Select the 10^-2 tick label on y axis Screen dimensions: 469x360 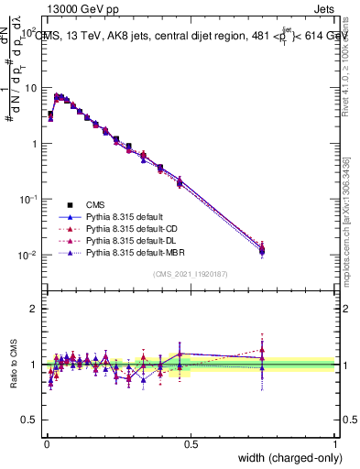point(27,256)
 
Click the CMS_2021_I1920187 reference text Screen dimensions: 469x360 point(190,274)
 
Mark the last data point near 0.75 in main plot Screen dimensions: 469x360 point(262,249)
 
